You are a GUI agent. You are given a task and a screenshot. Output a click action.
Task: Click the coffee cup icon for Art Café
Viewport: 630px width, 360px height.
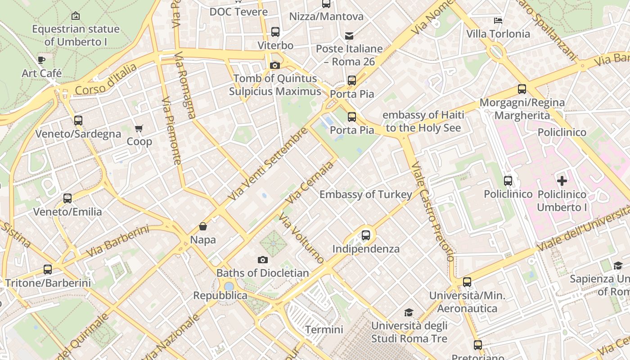41,60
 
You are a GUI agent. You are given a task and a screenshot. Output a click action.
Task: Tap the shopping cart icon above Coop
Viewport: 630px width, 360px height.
139,129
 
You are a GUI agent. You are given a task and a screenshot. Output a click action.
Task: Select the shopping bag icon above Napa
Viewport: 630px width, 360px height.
203,226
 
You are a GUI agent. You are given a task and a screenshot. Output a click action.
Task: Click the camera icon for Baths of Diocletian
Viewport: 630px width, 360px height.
263,260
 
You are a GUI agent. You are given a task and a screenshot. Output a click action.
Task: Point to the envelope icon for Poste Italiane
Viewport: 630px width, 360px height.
349,36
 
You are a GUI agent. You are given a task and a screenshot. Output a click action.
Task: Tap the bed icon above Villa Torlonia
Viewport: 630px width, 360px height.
498,21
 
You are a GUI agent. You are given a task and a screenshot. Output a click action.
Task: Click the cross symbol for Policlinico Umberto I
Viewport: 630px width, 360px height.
562,181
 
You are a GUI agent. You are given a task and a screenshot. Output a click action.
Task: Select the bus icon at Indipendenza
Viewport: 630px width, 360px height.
366,235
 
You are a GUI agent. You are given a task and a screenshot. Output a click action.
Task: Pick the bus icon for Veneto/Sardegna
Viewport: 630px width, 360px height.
78,121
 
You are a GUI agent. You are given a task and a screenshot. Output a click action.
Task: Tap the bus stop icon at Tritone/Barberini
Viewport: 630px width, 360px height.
48,270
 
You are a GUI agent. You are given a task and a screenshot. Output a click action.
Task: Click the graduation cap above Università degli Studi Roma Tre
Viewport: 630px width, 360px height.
409,312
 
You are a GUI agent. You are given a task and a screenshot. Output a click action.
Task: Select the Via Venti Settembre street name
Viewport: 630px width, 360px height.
268,164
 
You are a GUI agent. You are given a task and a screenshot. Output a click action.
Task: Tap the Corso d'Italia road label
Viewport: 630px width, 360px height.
106,80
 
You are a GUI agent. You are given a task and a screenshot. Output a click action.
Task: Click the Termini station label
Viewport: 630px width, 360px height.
324,329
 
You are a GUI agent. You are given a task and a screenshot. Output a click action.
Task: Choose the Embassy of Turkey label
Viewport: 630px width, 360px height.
365,194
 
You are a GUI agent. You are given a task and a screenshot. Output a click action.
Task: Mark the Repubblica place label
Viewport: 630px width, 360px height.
220,296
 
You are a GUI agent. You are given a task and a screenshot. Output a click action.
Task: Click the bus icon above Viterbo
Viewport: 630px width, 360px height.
275,32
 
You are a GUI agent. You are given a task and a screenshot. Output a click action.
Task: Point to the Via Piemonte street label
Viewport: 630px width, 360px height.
171,130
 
